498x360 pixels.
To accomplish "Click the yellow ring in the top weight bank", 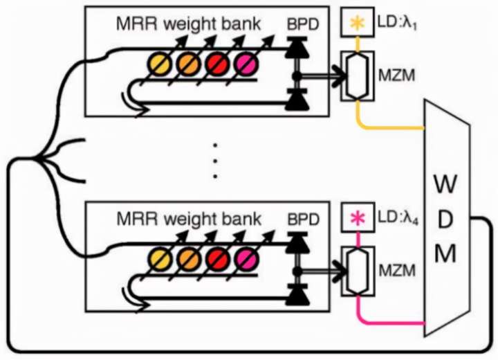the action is pyautogui.click(x=159, y=64).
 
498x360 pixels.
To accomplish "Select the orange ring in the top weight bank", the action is pyautogui.click(x=188, y=64).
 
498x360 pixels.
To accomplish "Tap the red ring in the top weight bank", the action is pyautogui.click(x=217, y=64).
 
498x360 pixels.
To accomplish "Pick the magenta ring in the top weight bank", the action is pyautogui.click(x=246, y=64).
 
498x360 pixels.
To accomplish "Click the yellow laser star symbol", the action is pyautogui.click(x=358, y=23).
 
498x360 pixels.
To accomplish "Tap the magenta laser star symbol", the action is pyautogui.click(x=358, y=218).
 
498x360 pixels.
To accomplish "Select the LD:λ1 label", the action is pyautogui.click(x=397, y=24).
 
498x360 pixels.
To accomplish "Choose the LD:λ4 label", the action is pyautogui.click(x=398, y=219).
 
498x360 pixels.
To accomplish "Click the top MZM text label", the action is pyautogui.click(x=397, y=76).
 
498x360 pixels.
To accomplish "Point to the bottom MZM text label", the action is pyautogui.click(x=397, y=271).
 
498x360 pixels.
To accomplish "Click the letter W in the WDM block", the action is pyautogui.click(x=445, y=184).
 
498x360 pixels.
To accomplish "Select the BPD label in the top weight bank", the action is pyautogui.click(x=303, y=24).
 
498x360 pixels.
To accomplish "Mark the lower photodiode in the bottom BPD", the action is pyautogui.click(x=297, y=295).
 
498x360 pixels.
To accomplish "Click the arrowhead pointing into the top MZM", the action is pyautogui.click(x=339, y=76).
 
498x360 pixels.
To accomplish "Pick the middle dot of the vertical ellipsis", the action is pyautogui.click(x=215, y=161).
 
